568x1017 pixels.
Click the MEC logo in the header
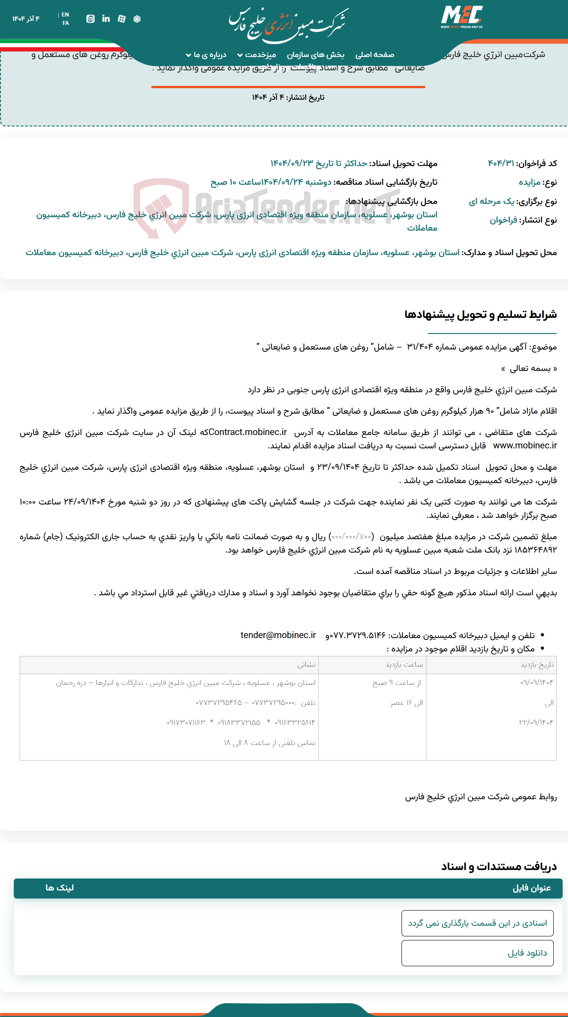tap(462, 17)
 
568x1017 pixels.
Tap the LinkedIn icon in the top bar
tap(106, 19)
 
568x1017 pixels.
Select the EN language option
tap(65, 15)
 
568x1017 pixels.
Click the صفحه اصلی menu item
tap(374, 55)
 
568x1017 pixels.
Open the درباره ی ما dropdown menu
tap(206, 55)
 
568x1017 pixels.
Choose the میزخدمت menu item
tap(257, 55)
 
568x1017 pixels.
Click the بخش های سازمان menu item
tap(315, 55)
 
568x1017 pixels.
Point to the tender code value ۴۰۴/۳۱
tap(501, 163)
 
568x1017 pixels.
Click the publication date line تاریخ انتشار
tap(288, 98)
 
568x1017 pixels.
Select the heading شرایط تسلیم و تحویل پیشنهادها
tap(480, 315)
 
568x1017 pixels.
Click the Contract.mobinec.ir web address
tap(248, 432)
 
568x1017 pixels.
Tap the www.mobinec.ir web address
tap(525, 445)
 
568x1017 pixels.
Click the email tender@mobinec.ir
tap(278, 635)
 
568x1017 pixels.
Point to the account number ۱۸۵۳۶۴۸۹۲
tap(536, 550)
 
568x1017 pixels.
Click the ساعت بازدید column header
tap(404, 664)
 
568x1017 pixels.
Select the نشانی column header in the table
tap(306, 664)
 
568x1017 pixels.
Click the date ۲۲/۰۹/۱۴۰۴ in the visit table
tap(536, 722)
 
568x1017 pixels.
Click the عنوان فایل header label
tap(531, 888)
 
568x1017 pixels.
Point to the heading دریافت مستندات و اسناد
tap(499, 866)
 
